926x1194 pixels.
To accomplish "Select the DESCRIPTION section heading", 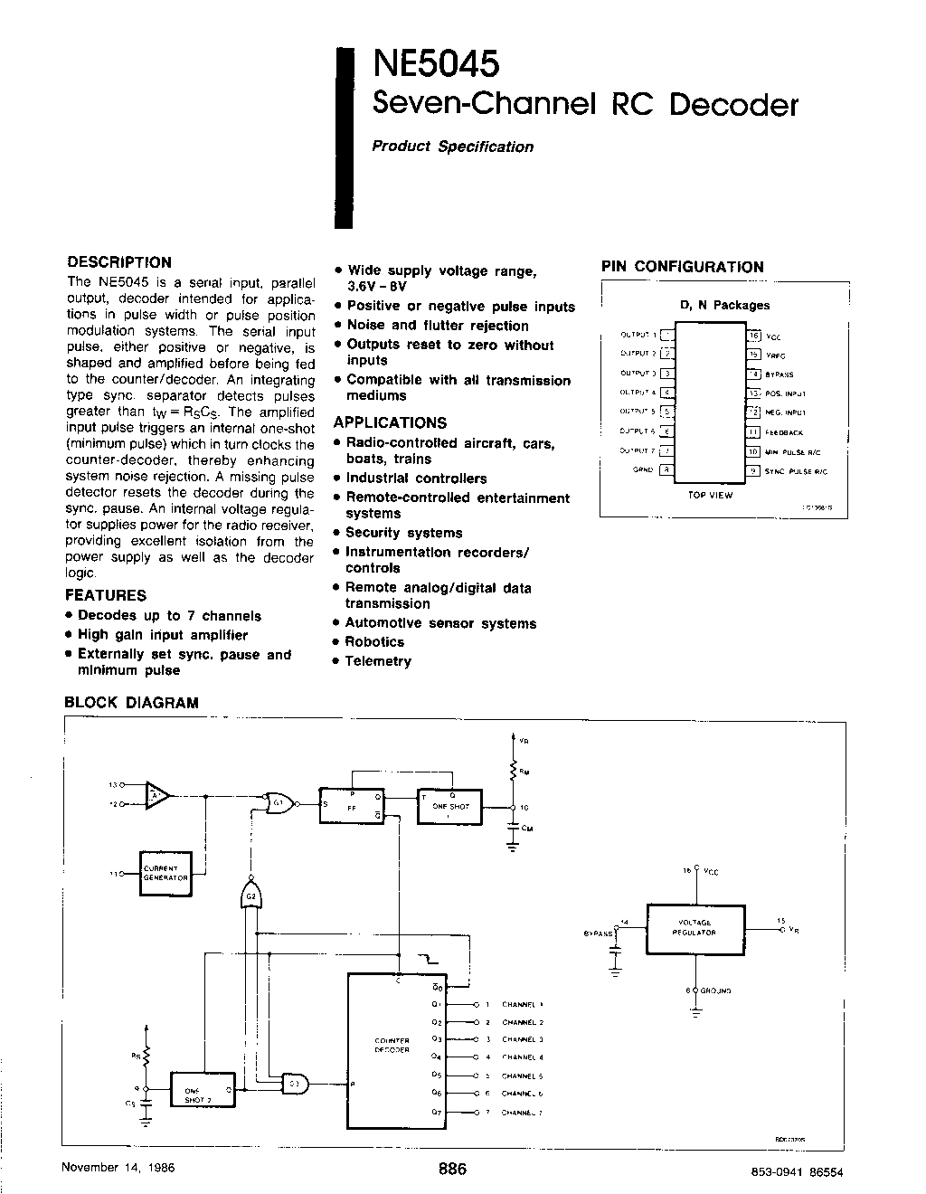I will [119, 262].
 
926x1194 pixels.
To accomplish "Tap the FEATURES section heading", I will [106, 595].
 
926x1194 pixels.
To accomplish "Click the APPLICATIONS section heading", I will [390, 422].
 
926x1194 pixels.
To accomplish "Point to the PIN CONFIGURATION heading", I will [683, 267].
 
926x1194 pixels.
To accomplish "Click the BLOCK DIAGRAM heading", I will [131, 703].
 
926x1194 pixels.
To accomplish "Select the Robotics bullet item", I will [374, 642].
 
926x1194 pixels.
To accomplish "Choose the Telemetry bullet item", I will [378, 661].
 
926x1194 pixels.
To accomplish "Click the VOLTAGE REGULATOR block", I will [696, 927].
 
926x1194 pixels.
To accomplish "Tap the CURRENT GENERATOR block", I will [165, 873].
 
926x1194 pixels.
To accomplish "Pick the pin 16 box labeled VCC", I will [753, 335].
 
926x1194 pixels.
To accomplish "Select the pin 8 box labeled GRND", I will [666, 469].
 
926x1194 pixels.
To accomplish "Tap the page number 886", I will [451, 1169].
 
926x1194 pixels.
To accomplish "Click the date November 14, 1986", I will [118, 1167].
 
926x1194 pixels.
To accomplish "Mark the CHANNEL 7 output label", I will [523, 1112].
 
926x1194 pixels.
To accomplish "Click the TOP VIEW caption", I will [711, 495].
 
